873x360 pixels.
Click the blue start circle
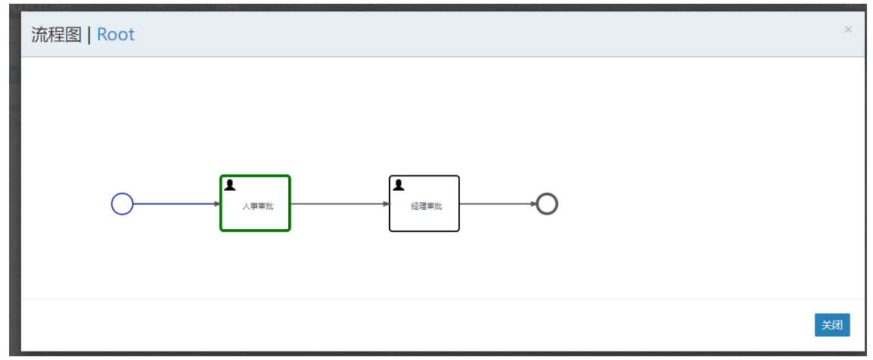point(123,203)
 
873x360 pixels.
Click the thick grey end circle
point(547,203)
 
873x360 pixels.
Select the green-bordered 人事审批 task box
point(255,219)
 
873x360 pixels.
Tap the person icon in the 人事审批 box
point(229,185)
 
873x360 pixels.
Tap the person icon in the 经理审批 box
point(398,185)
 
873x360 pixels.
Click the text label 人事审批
point(257,206)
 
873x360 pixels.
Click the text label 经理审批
point(427,206)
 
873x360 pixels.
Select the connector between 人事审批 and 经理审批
point(336,203)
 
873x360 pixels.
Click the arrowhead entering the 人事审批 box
point(216,203)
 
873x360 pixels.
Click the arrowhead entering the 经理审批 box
point(386,203)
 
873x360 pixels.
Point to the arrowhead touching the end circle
point(533,203)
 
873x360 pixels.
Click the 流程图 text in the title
point(56,35)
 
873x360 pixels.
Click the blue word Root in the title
point(116,35)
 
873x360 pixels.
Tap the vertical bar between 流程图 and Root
point(89,35)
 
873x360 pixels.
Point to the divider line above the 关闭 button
point(443,299)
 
